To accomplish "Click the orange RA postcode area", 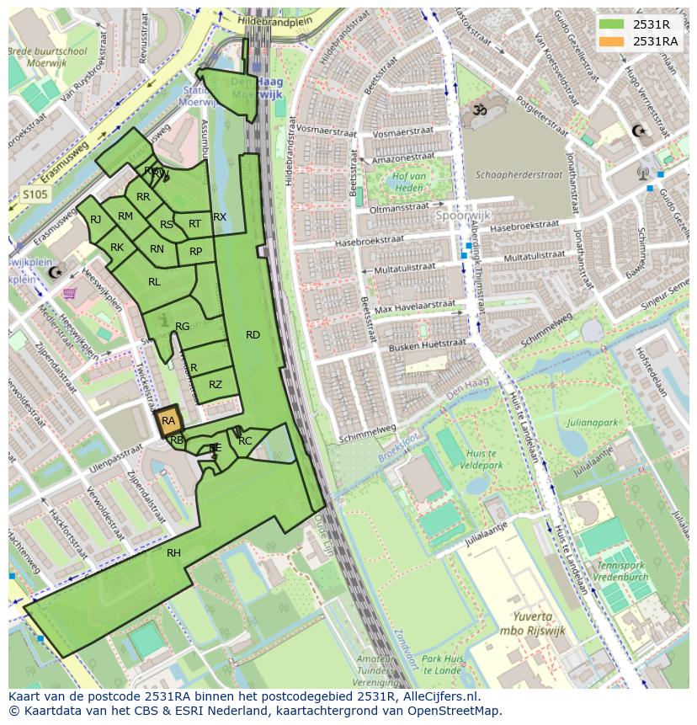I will tap(168, 421).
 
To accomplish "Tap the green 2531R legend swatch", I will tap(612, 24).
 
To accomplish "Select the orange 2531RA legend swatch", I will tap(612, 41).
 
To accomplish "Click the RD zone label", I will tap(253, 335).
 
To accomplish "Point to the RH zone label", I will tap(173, 553).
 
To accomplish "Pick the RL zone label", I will tap(154, 282).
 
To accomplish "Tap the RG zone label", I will tap(182, 327).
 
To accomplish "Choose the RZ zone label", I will tap(215, 385).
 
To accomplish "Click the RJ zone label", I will tap(95, 220).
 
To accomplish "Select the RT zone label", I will tap(194, 224).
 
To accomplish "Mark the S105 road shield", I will tap(35, 195).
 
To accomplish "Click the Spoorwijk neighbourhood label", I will tap(462, 215).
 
